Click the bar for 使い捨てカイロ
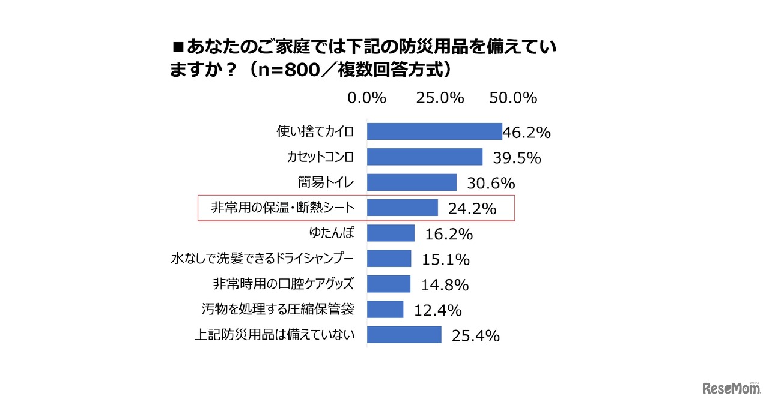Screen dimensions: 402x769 [434, 131]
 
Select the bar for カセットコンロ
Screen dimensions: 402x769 [425, 157]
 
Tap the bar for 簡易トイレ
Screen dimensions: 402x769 [412, 182]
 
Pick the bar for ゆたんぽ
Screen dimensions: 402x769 [391, 233]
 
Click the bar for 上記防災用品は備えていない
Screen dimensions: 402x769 [404, 335]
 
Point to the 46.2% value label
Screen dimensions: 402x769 [526, 133]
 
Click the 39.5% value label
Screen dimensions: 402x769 [517, 158]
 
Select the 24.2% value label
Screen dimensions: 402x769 [472, 209]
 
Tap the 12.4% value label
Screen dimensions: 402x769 [437, 310]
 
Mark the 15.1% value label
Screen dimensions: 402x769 [445, 259]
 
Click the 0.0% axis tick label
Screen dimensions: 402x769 [366, 98]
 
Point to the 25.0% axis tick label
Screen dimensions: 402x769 [440, 98]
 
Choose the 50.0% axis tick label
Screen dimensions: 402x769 [512, 98]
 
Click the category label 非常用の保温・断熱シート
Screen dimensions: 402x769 [282, 208]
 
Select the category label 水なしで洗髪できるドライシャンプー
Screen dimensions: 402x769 [261, 259]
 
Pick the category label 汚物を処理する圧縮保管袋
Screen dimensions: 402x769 [278, 309]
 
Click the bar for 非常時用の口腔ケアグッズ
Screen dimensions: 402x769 [389, 284]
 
